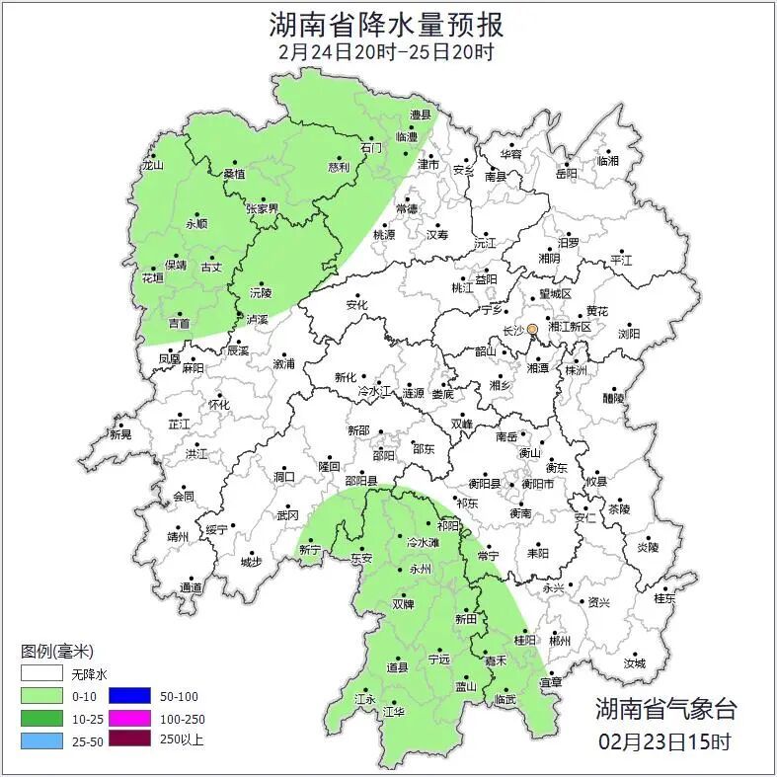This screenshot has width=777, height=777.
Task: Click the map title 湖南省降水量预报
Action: point(386,22)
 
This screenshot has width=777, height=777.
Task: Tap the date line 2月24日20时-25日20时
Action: point(386,51)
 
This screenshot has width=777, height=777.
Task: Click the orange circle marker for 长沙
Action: point(532,329)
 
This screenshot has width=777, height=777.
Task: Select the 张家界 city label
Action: point(263,208)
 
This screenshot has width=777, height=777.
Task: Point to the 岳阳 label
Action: point(566,174)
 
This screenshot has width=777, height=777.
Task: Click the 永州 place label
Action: point(421,570)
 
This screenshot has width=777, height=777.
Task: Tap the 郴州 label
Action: point(560,640)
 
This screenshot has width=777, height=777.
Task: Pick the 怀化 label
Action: point(218,405)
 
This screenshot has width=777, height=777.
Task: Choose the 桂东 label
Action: point(664,597)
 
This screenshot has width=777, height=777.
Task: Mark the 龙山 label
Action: point(151,166)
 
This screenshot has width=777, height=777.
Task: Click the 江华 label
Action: point(394,711)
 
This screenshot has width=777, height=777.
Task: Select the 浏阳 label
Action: point(629,334)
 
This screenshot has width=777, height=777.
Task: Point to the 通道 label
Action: point(191,587)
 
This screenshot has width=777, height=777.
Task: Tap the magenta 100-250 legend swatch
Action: point(129,718)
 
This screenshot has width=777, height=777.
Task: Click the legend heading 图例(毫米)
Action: point(57,651)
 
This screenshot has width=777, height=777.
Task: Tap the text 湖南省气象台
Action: point(665,707)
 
